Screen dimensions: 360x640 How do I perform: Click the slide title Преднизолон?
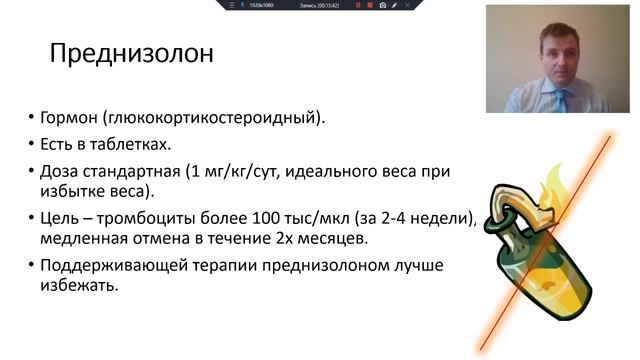(x=131, y=52)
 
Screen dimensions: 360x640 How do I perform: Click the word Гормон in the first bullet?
(x=69, y=118)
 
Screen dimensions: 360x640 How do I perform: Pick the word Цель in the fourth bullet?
(x=62, y=218)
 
